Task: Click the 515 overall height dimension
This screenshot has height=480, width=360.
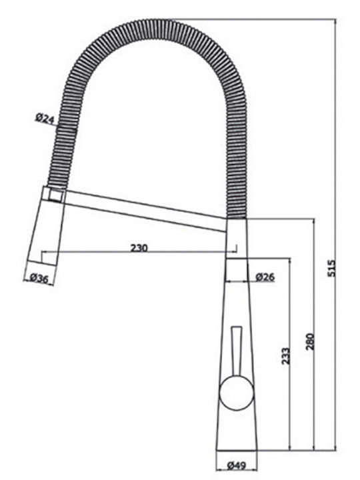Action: pos(331,268)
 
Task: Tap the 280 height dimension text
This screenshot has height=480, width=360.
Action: pos(310,341)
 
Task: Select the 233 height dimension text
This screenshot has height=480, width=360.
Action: pos(285,356)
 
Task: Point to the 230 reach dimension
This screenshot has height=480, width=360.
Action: pos(139,247)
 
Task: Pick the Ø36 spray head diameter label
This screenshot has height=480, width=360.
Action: pos(39,279)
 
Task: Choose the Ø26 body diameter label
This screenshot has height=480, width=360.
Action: pos(265,277)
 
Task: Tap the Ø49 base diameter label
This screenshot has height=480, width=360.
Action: pos(237,465)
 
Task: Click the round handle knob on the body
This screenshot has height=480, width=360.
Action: pos(237,393)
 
